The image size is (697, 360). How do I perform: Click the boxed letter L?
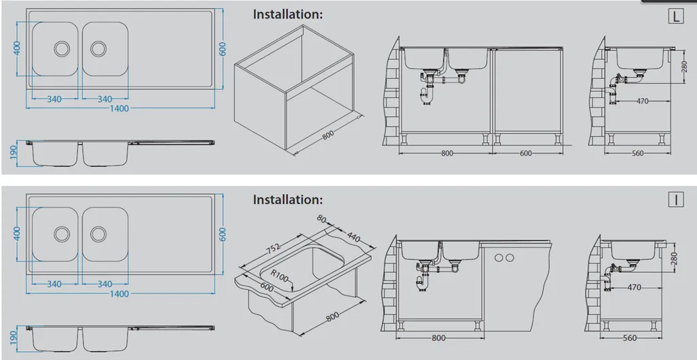pyautogui.click(x=676, y=16)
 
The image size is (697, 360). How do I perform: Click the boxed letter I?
pyautogui.click(x=676, y=200)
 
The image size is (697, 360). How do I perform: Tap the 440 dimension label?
pyautogui.click(x=355, y=238)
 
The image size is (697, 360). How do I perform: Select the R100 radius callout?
pyautogui.click(x=279, y=276)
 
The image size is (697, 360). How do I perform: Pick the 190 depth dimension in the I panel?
pyautogui.click(x=14, y=336)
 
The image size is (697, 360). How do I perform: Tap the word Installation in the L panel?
pyautogui.click(x=288, y=14)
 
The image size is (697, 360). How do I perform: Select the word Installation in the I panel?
pyautogui.click(x=288, y=199)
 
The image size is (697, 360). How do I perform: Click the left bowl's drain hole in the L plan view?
pyautogui.click(x=62, y=48)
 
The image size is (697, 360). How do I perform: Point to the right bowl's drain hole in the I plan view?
pyautogui.click(x=98, y=233)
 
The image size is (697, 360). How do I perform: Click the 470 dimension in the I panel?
pyautogui.click(x=634, y=288)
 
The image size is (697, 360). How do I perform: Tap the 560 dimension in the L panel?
pyautogui.click(x=637, y=153)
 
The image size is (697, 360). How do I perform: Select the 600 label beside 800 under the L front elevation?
pyautogui.click(x=525, y=153)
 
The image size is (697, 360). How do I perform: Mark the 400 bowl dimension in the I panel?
pyautogui.click(x=18, y=233)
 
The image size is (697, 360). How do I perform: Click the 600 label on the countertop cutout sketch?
pyautogui.click(x=266, y=287)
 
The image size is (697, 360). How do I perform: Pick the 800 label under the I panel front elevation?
pyautogui.click(x=438, y=338)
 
